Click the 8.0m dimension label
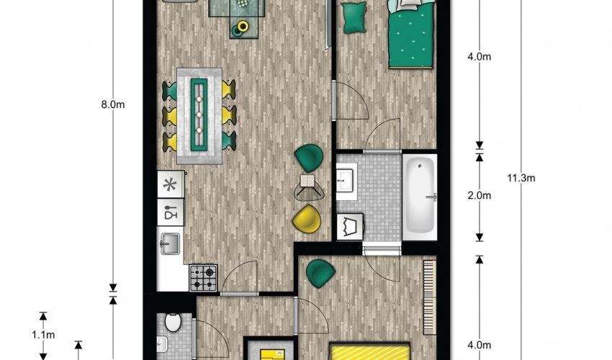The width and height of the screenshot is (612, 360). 113,104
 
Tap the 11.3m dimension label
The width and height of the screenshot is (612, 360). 521,178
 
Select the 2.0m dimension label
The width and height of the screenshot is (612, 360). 479,195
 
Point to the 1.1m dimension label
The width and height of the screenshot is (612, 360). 43,335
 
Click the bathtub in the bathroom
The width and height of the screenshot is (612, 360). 420,197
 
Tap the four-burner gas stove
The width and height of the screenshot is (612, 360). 203,278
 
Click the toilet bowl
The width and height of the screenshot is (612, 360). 173,322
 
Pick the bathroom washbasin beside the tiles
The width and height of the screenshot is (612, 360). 345,181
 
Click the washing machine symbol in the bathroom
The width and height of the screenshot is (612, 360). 350,227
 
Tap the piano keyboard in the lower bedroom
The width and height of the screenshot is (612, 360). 429,297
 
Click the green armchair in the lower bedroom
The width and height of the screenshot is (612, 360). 320,274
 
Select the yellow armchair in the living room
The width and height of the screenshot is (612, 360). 307,219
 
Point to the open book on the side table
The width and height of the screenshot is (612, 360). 307,181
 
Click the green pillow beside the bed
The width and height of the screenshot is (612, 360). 354,17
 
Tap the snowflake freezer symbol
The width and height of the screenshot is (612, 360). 170,184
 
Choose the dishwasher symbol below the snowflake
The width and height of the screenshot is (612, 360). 171,212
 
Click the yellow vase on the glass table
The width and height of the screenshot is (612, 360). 243,26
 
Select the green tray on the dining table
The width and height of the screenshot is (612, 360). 199,114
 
